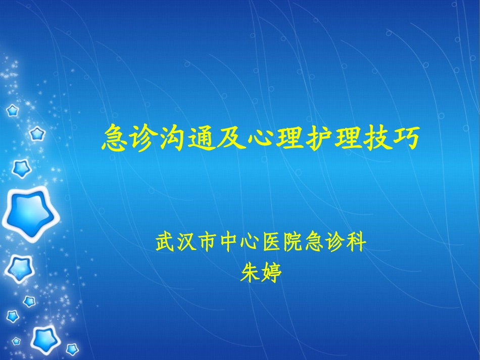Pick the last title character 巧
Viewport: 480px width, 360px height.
[x=405, y=138]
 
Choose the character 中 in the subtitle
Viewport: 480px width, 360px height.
[x=229, y=243]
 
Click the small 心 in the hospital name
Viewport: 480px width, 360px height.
[x=250, y=243]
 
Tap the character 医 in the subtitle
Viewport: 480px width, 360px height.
[x=271, y=243]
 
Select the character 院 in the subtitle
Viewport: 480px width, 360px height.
[x=293, y=243]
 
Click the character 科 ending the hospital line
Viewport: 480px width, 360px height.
[x=356, y=243]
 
